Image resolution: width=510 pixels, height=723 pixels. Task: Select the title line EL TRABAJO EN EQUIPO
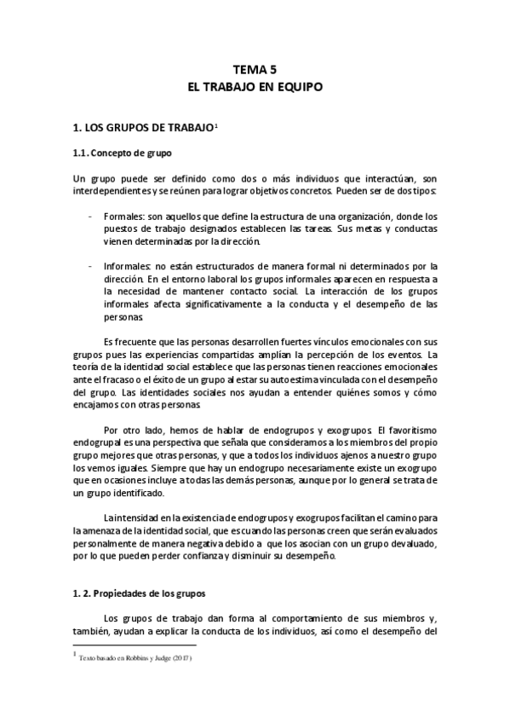(254, 87)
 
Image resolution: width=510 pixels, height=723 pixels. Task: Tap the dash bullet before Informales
(91, 266)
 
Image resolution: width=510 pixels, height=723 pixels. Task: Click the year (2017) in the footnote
(181, 658)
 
